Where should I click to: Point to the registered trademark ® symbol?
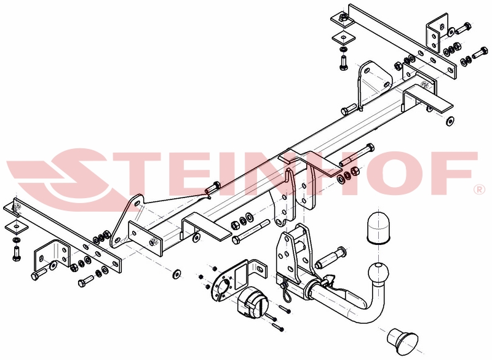(479, 190)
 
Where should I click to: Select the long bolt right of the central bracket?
(357, 155)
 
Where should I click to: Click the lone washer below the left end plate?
(177, 273)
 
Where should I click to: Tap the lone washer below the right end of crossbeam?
(450, 121)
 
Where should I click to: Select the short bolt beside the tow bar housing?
(331, 258)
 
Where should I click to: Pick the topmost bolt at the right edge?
(463, 28)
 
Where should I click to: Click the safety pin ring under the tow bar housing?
(287, 292)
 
